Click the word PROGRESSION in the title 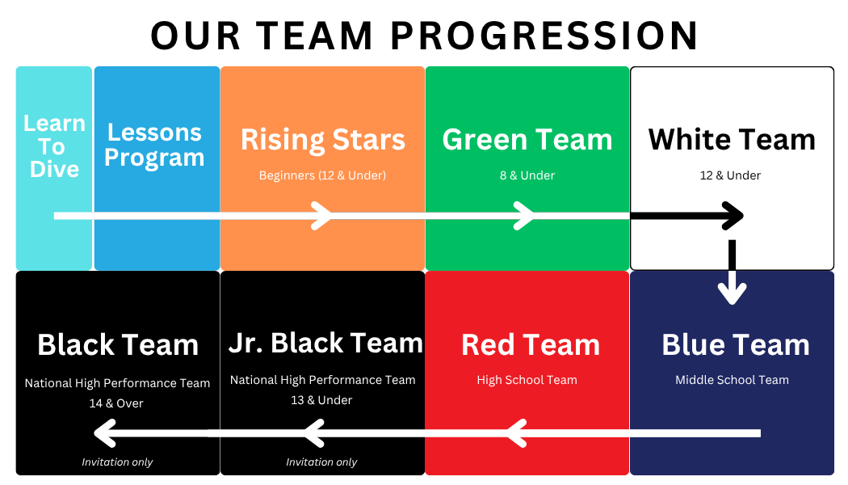(544, 36)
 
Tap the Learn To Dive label (54, 146)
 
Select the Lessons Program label (155, 145)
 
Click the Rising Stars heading (323, 140)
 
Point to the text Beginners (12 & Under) (322, 175)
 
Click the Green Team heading (527, 140)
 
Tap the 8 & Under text (527, 175)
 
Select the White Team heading (732, 140)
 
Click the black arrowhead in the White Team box (733, 216)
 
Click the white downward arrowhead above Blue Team (733, 293)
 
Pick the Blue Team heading (736, 345)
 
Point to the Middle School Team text (732, 380)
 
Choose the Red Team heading (531, 345)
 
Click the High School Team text (527, 380)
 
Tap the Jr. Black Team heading (325, 344)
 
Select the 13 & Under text (321, 400)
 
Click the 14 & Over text (116, 403)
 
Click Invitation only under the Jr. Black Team (321, 462)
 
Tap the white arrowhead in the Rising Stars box (322, 216)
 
